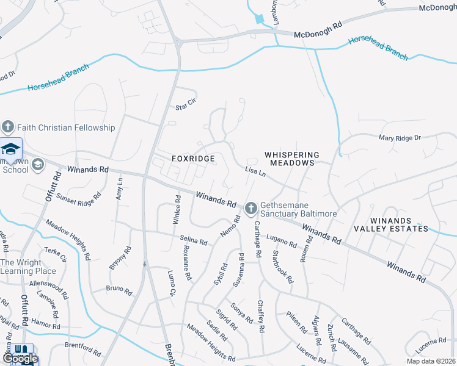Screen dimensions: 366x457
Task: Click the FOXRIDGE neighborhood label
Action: [x=192, y=158]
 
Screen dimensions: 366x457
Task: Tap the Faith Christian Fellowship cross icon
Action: [x=8, y=127]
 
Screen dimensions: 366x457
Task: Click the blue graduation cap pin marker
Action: [x=10, y=149]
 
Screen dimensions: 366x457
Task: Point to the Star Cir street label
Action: [x=186, y=102]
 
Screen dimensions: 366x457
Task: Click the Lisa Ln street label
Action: [x=255, y=173]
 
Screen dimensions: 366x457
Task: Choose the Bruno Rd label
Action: [x=119, y=289]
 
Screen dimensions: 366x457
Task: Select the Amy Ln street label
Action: [x=120, y=189]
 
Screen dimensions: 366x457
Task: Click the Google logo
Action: [x=20, y=359]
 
